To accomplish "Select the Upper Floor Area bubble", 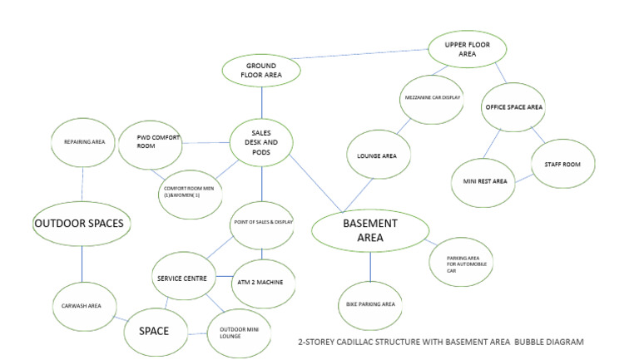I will (x=468, y=48).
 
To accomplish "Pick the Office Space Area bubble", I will (x=513, y=107).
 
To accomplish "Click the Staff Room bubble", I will (x=563, y=165).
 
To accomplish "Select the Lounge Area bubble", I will (x=377, y=155).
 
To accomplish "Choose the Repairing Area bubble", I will (x=83, y=142).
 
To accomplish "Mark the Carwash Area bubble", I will (x=82, y=306).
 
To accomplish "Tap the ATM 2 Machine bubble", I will (x=260, y=283).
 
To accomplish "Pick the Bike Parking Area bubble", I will (x=370, y=304).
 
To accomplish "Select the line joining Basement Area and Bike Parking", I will (x=370, y=266).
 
